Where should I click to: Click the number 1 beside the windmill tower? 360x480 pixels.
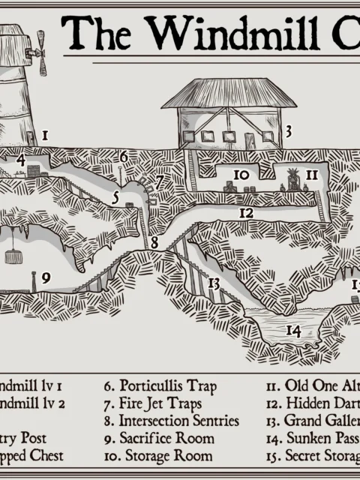[45, 136]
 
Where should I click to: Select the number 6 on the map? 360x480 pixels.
[124, 157]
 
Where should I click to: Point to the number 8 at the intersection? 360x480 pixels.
[154, 243]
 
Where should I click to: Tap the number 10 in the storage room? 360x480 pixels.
[241, 175]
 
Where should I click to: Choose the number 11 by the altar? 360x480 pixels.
[312, 175]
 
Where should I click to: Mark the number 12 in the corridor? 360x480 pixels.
[246, 213]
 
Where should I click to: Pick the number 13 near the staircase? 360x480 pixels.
[214, 283]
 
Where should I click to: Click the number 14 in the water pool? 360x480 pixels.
[292, 330]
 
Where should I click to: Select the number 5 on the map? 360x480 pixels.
[115, 199]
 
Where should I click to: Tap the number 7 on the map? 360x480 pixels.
[159, 182]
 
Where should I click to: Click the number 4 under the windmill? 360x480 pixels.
[21, 160]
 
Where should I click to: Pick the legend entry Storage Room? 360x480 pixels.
[158, 455]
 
